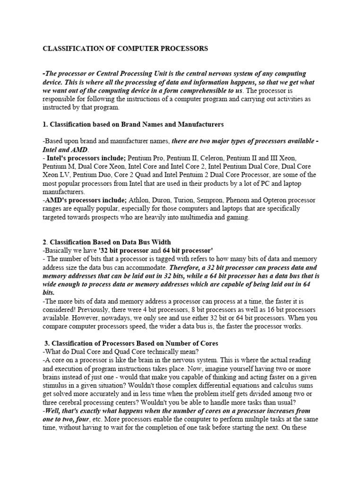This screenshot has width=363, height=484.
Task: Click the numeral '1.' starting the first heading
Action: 45,124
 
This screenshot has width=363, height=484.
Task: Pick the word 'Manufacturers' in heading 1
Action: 200,124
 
